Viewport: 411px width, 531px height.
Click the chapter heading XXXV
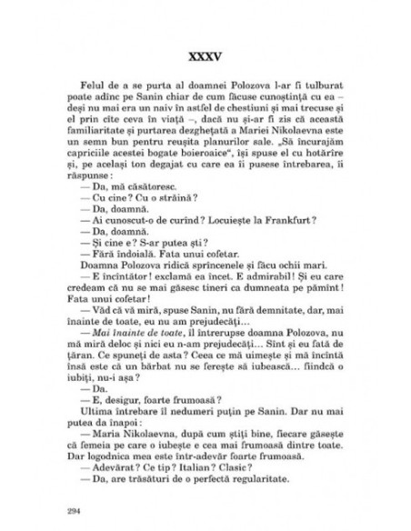click(205, 43)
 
